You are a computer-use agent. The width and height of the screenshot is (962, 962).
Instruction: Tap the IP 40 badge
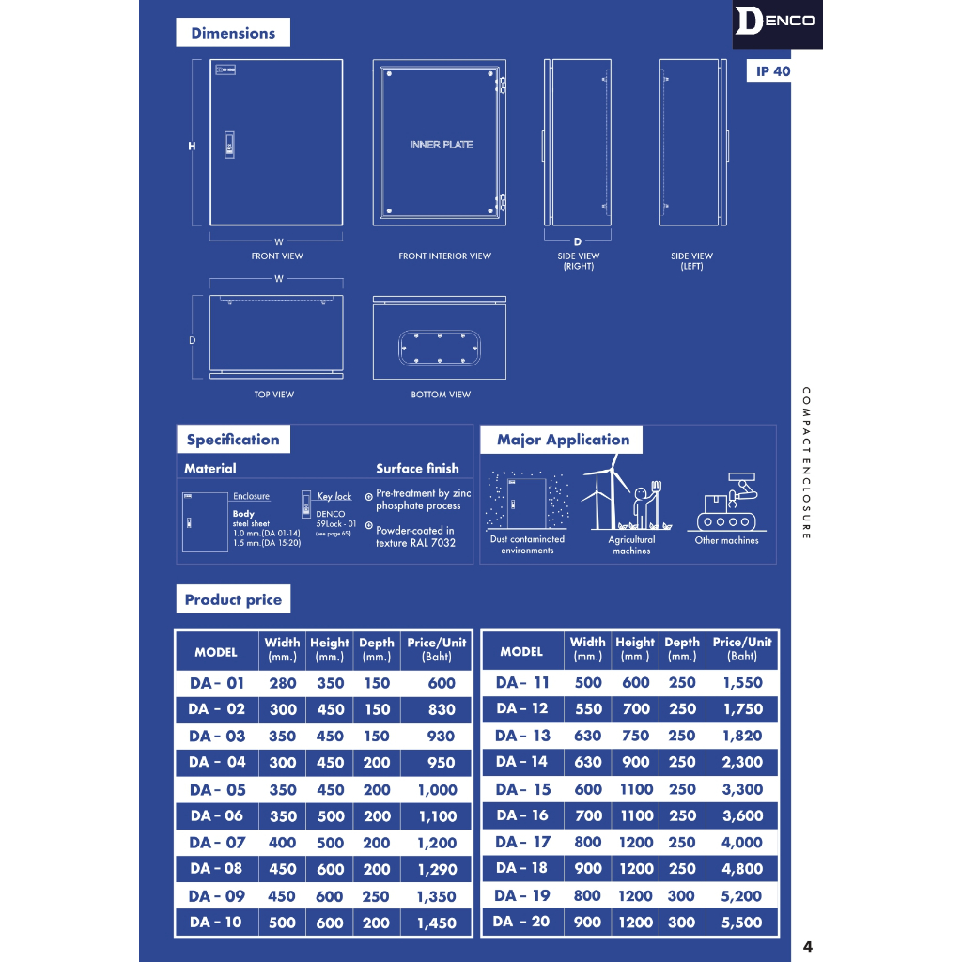tap(772, 71)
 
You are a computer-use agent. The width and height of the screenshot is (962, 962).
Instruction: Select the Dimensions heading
tap(233, 33)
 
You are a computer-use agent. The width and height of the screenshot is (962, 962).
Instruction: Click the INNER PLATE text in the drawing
tap(441, 145)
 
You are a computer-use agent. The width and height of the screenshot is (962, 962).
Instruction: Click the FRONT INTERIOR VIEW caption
tap(444, 256)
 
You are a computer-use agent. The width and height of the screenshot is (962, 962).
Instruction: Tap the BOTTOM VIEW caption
tap(441, 395)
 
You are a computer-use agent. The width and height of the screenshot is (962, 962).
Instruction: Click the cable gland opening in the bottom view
tap(440, 348)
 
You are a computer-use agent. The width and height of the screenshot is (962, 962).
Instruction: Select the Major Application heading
tap(563, 440)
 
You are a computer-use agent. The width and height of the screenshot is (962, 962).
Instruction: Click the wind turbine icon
tap(606, 493)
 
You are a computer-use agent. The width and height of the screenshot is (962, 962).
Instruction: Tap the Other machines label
tap(726, 540)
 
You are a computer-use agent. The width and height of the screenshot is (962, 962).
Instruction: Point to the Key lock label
tap(334, 496)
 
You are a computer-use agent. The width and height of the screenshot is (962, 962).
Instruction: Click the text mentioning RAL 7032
tap(415, 543)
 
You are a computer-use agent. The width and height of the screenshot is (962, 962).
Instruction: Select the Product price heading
tap(233, 599)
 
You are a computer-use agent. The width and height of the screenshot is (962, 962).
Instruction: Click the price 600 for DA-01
tap(441, 683)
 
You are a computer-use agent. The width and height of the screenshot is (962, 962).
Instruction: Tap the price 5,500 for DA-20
tap(742, 923)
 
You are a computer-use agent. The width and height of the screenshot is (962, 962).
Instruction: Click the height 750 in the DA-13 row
tap(635, 736)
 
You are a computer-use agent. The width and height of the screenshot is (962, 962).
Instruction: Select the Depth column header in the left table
tap(377, 649)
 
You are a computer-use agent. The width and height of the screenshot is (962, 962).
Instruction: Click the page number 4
tap(807, 946)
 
